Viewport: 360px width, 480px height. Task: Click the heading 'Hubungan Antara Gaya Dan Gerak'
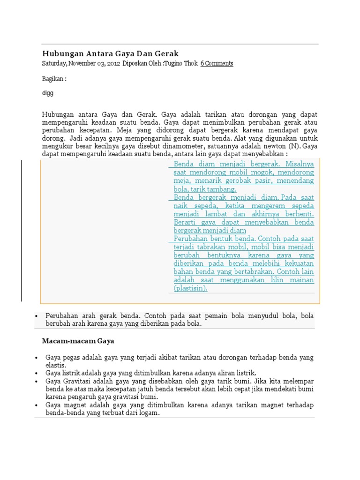(x=110, y=53)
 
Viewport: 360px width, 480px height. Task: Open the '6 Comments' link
(x=217, y=63)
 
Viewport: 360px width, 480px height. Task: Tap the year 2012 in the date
(x=112, y=63)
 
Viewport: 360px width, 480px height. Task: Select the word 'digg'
(x=48, y=93)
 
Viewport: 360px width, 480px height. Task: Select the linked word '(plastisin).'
(x=190, y=288)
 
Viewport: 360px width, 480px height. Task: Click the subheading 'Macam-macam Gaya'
(x=78, y=341)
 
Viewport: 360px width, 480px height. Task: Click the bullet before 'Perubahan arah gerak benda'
(x=37, y=316)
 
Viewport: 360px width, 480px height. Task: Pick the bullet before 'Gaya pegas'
(x=37, y=358)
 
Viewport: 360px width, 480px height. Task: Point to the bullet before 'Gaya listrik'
(x=37, y=372)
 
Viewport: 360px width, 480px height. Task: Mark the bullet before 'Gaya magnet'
(x=37, y=405)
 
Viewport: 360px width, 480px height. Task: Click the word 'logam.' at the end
(x=150, y=413)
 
